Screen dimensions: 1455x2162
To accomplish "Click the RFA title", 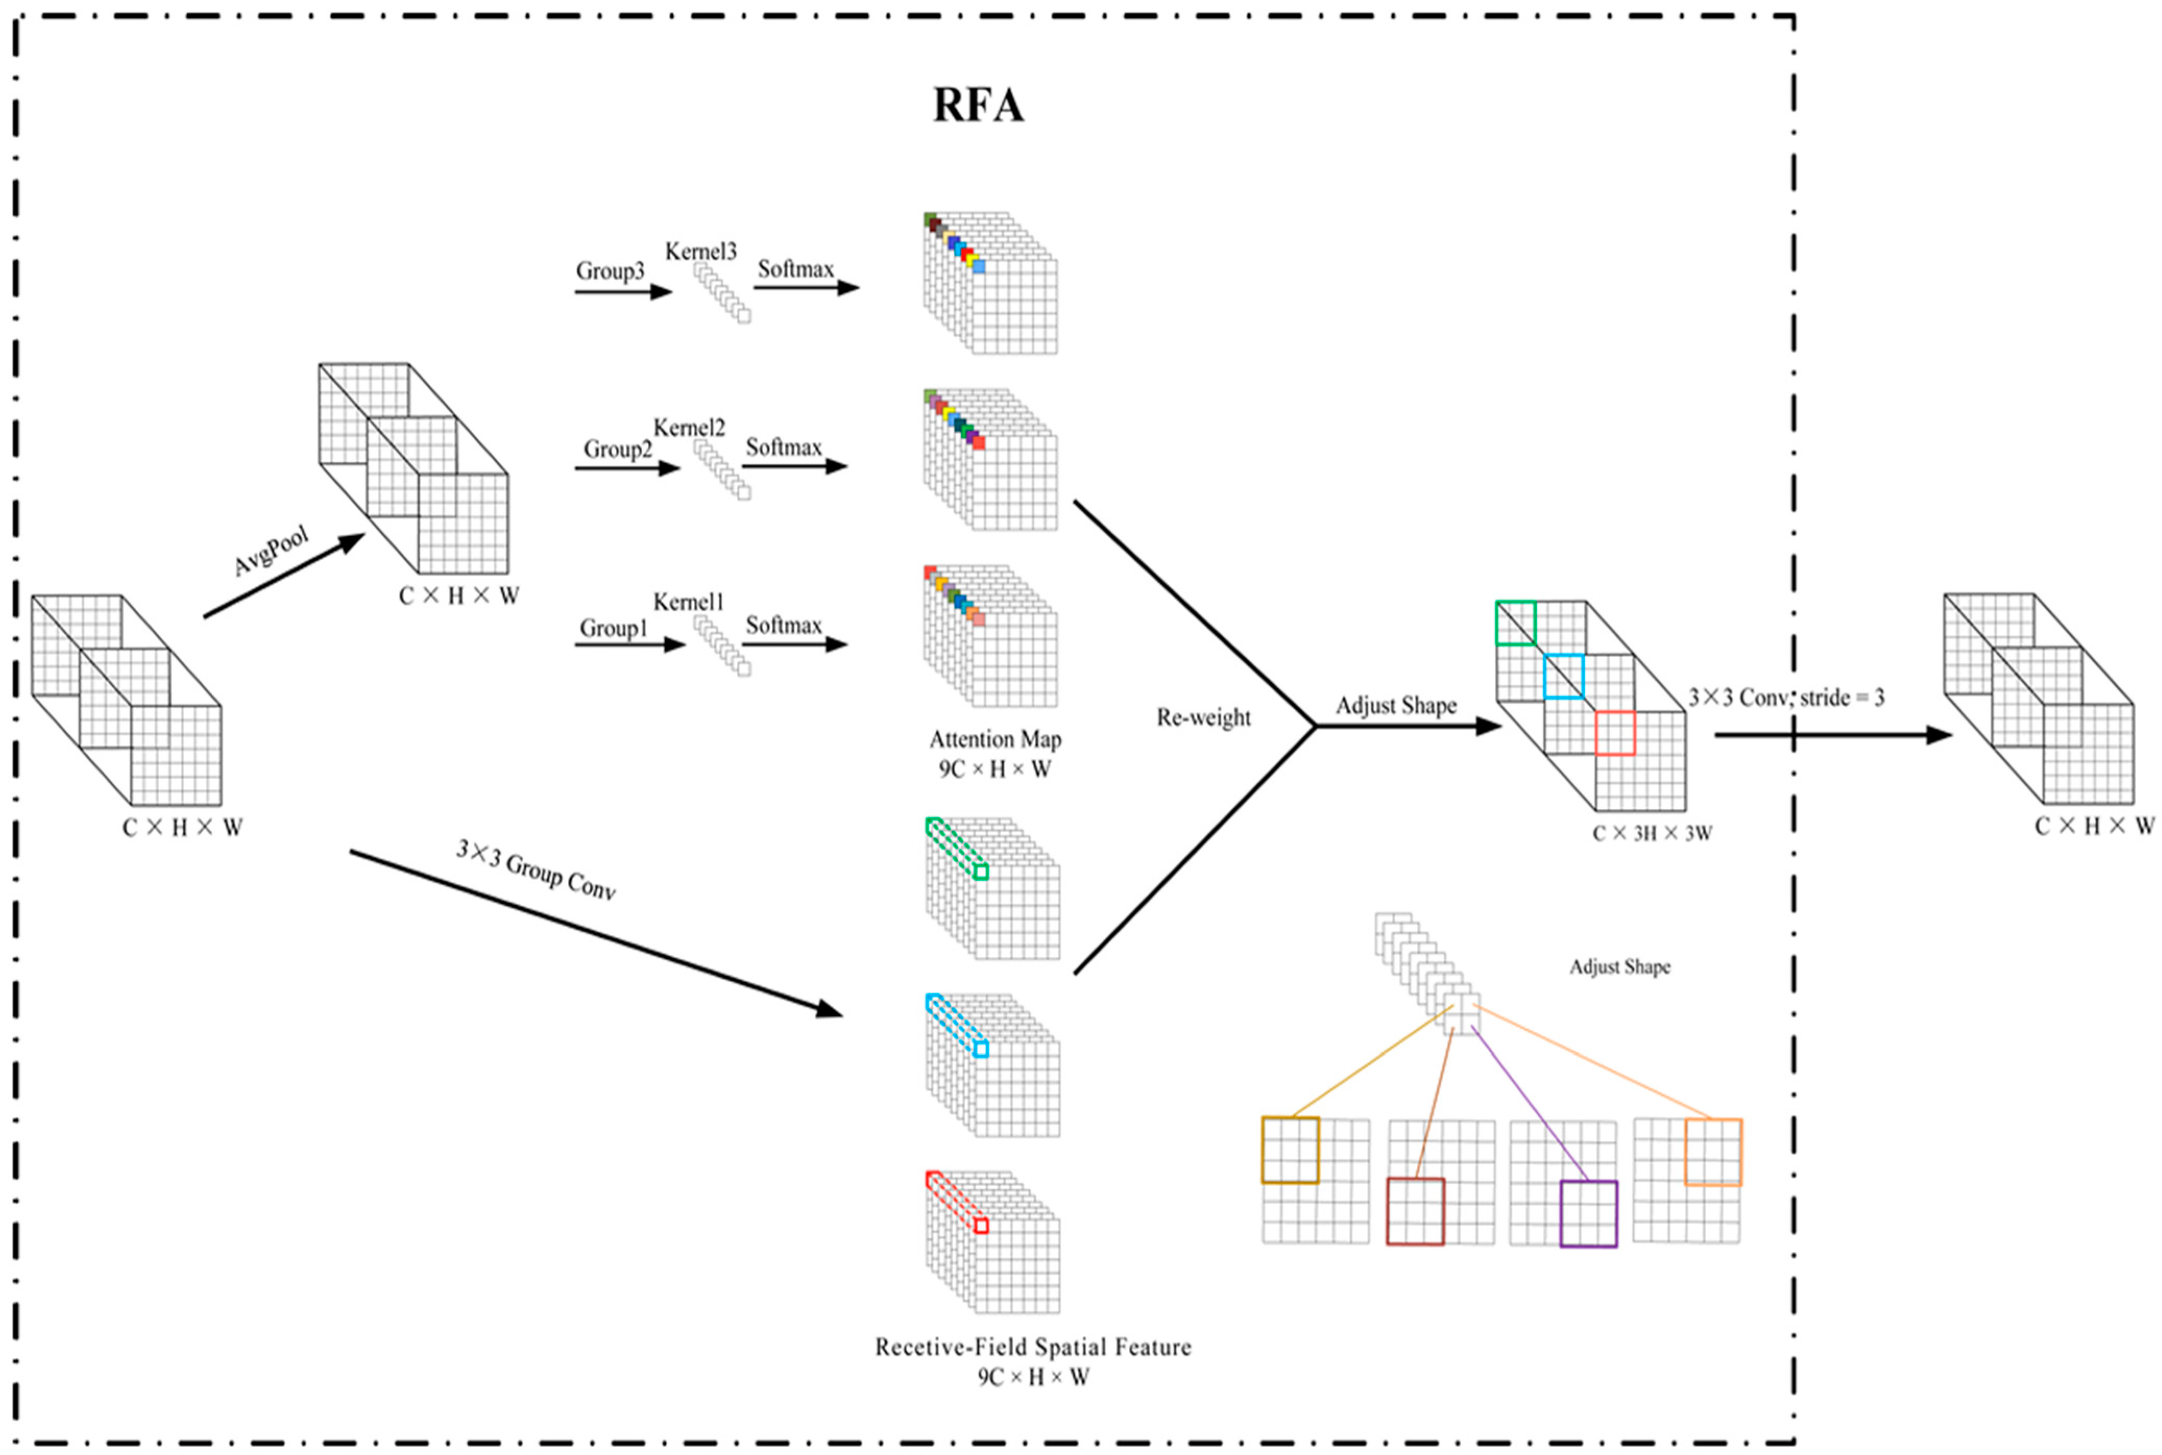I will click(x=978, y=105).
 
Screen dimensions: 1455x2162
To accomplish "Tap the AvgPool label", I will click(x=271, y=550).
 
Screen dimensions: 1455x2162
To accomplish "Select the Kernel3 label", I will click(x=701, y=252).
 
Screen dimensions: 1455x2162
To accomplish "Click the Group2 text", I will click(x=617, y=449).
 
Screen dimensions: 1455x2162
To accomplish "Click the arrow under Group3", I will click(x=623, y=291).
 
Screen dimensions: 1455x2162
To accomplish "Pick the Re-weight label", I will click(x=1203, y=717).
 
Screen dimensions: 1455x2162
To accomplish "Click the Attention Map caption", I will click(x=995, y=739).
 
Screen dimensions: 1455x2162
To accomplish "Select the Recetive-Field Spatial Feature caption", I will click(x=1033, y=1347).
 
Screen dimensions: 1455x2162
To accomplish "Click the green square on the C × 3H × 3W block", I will click(x=1515, y=623).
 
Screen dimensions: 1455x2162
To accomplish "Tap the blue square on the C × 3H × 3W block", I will click(x=1563, y=675).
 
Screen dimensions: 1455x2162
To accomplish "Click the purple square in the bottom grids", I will click(x=1588, y=1213).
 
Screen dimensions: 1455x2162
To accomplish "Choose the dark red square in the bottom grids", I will click(x=1416, y=1211).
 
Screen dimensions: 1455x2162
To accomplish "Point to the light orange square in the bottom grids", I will click(x=1712, y=1152).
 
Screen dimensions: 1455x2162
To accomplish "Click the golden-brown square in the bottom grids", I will click(x=1290, y=1150).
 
